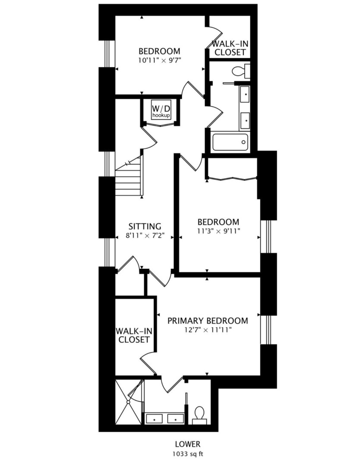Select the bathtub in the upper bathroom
point(230,141)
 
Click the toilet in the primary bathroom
point(199,413)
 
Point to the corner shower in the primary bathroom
point(128,402)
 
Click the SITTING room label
point(145,227)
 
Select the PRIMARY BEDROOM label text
point(208,321)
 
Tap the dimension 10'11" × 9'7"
point(159,60)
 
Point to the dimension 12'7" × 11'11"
point(208,330)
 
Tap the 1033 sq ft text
point(187,453)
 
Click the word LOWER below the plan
point(187,444)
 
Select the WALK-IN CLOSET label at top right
point(230,48)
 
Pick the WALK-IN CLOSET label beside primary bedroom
point(134,335)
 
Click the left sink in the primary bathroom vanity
point(154,418)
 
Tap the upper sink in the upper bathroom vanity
point(245,93)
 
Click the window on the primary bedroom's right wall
point(268,330)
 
